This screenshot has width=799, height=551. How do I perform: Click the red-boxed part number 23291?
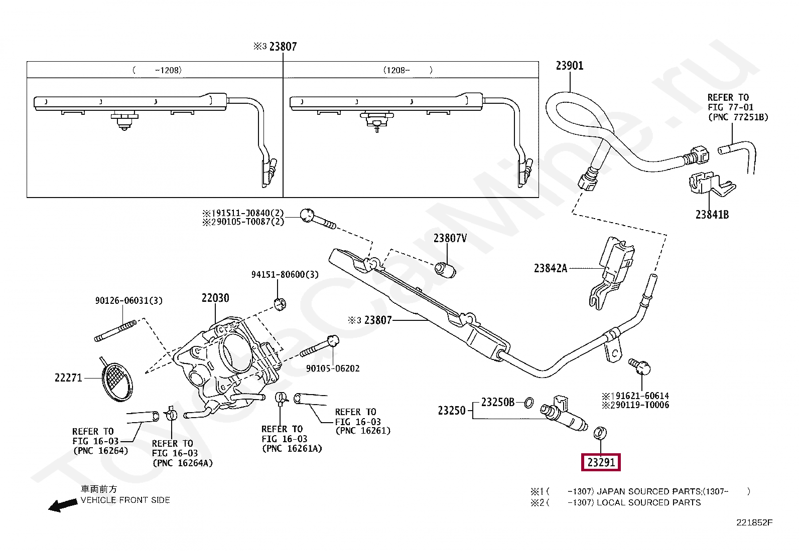[x=601, y=462]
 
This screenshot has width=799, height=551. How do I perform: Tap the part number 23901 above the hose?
[x=570, y=66]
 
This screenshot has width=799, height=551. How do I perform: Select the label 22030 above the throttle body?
[x=215, y=298]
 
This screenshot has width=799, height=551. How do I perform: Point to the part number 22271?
[x=68, y=378]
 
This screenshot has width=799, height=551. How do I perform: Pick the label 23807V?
[x=450, y=238]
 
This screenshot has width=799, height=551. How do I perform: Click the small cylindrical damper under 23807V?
[x=445, y=270]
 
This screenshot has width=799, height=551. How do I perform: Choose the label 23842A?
[x=551, y=268]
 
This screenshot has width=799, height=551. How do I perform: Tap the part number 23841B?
[x=712, y=215]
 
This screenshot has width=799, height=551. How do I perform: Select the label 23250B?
[x=497, y=403]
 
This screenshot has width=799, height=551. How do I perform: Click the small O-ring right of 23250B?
[x=529, y=403]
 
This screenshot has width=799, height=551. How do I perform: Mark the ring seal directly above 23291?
[x=600, y=433]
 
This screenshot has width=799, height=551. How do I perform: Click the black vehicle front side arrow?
[x=63, y=505]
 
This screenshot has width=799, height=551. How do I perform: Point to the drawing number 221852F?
[x=754, y=523]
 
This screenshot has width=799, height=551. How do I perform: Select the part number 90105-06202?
[x=333, y=369]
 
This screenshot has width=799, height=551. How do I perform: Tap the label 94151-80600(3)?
[x=285, y=274]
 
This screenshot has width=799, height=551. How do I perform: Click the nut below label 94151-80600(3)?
[x=280, y=304]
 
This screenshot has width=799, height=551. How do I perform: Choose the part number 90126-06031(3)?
[x=129, y=300]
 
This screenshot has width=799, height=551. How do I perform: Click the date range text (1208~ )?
[x=408, y=70]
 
